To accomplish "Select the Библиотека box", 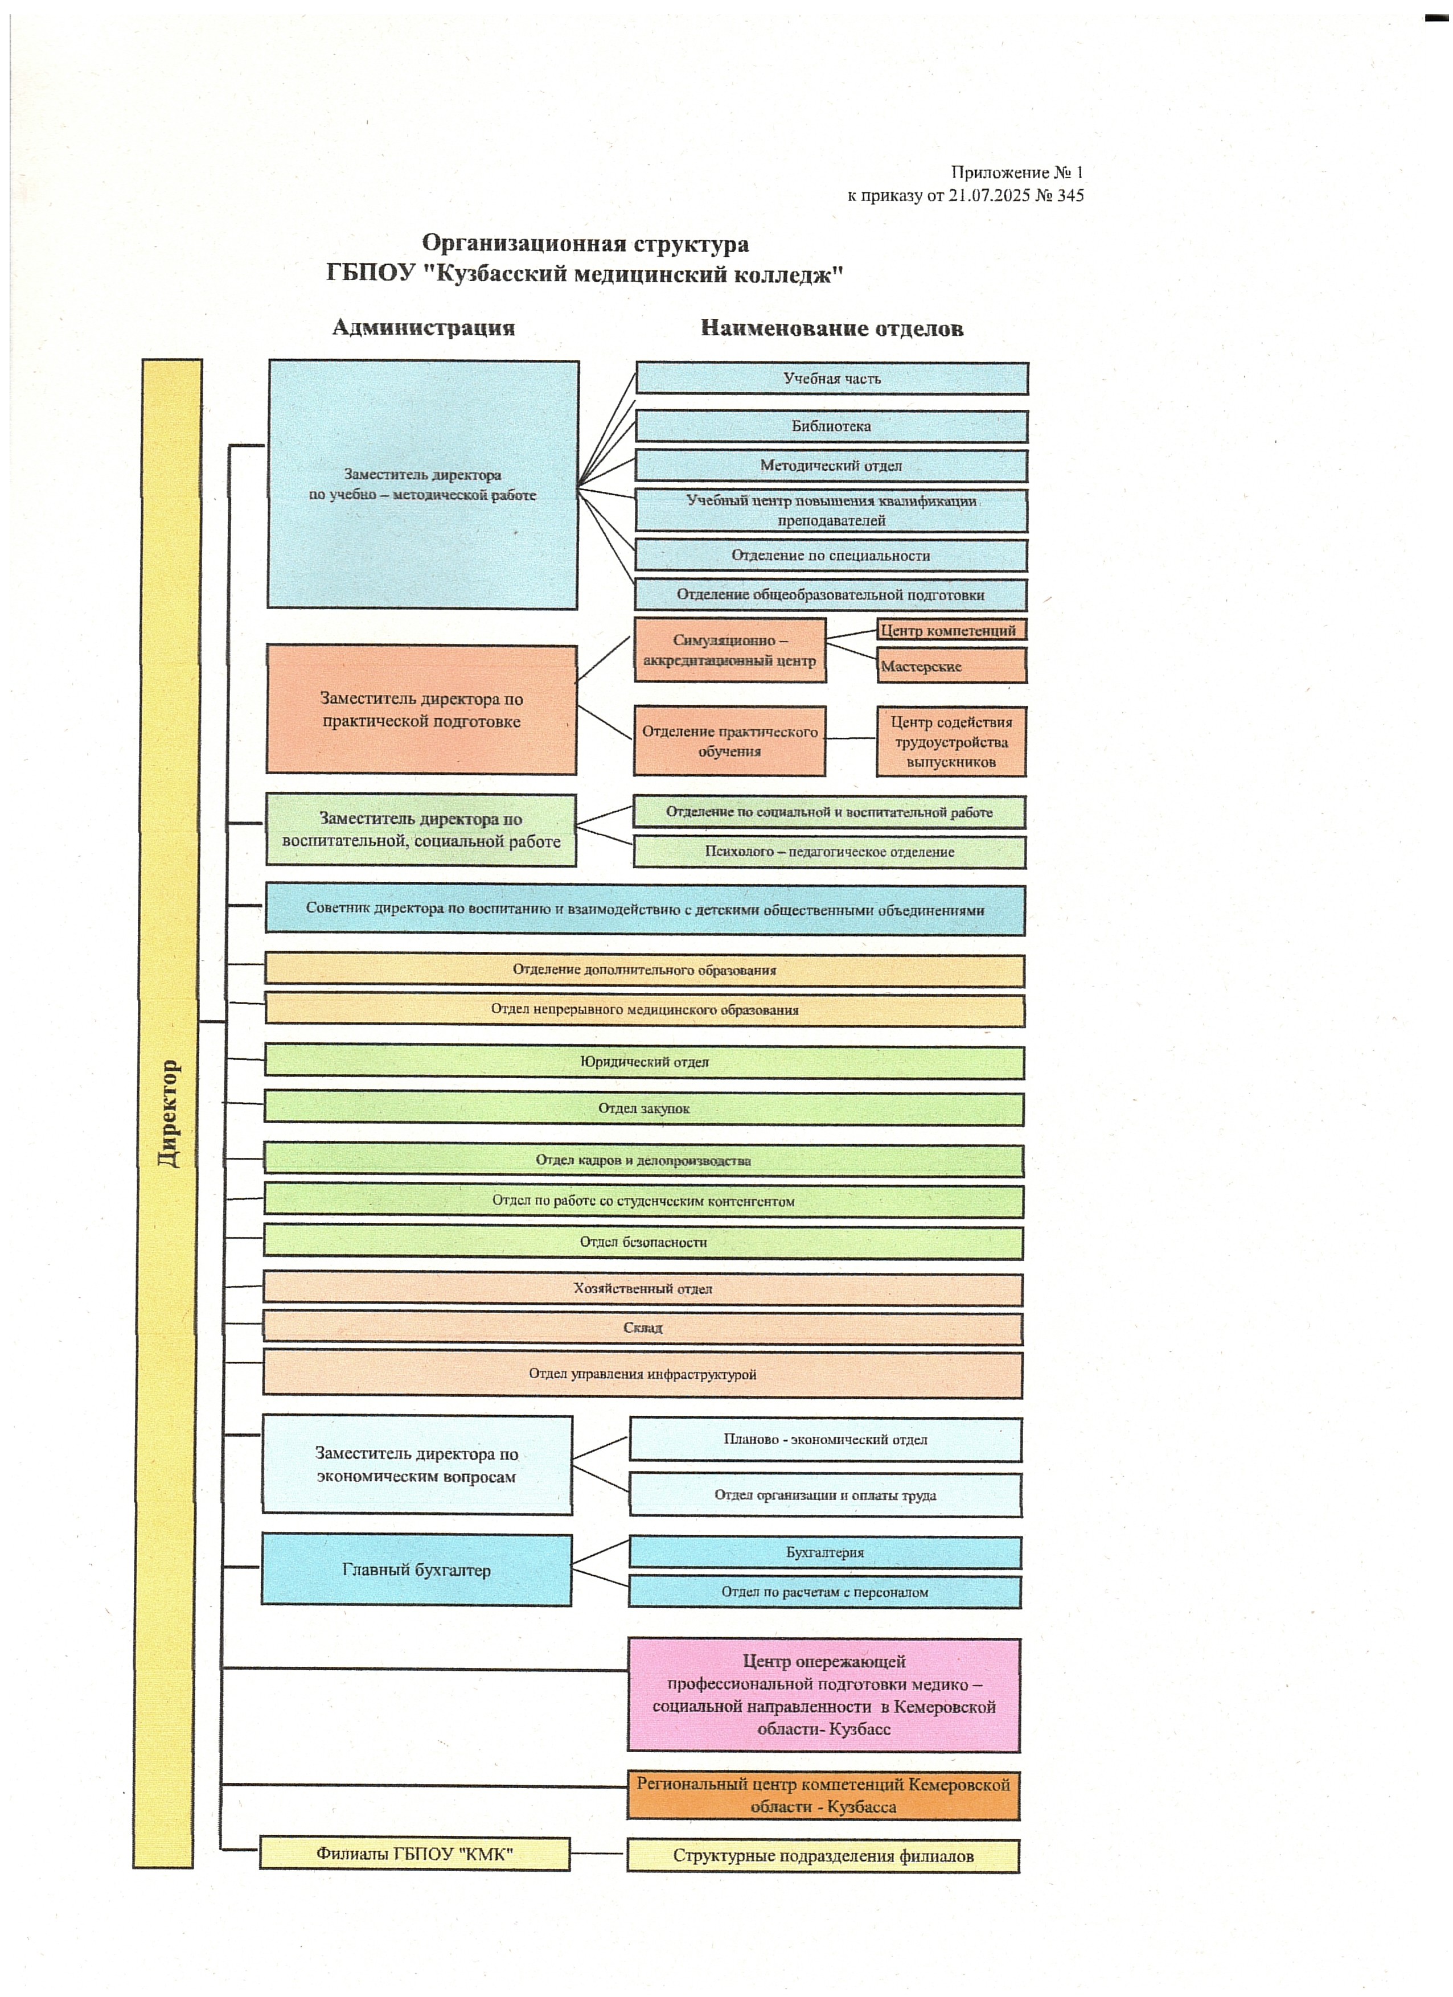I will pos(831,426).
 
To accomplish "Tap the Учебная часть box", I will pos(831,379).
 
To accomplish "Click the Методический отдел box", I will pos(831,466).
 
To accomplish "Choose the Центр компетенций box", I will pos(951,630).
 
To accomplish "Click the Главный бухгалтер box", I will pos(417,1570).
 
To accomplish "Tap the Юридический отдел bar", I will pos(644,1062).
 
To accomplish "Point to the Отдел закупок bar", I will pos(644,1108).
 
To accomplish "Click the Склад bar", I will pos(643,1328).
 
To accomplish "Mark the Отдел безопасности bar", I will pos(643,1242).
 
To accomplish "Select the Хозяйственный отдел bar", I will pos(643,1289).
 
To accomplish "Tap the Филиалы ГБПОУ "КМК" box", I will pos(414,1854).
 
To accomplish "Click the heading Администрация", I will pos(424,327).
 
